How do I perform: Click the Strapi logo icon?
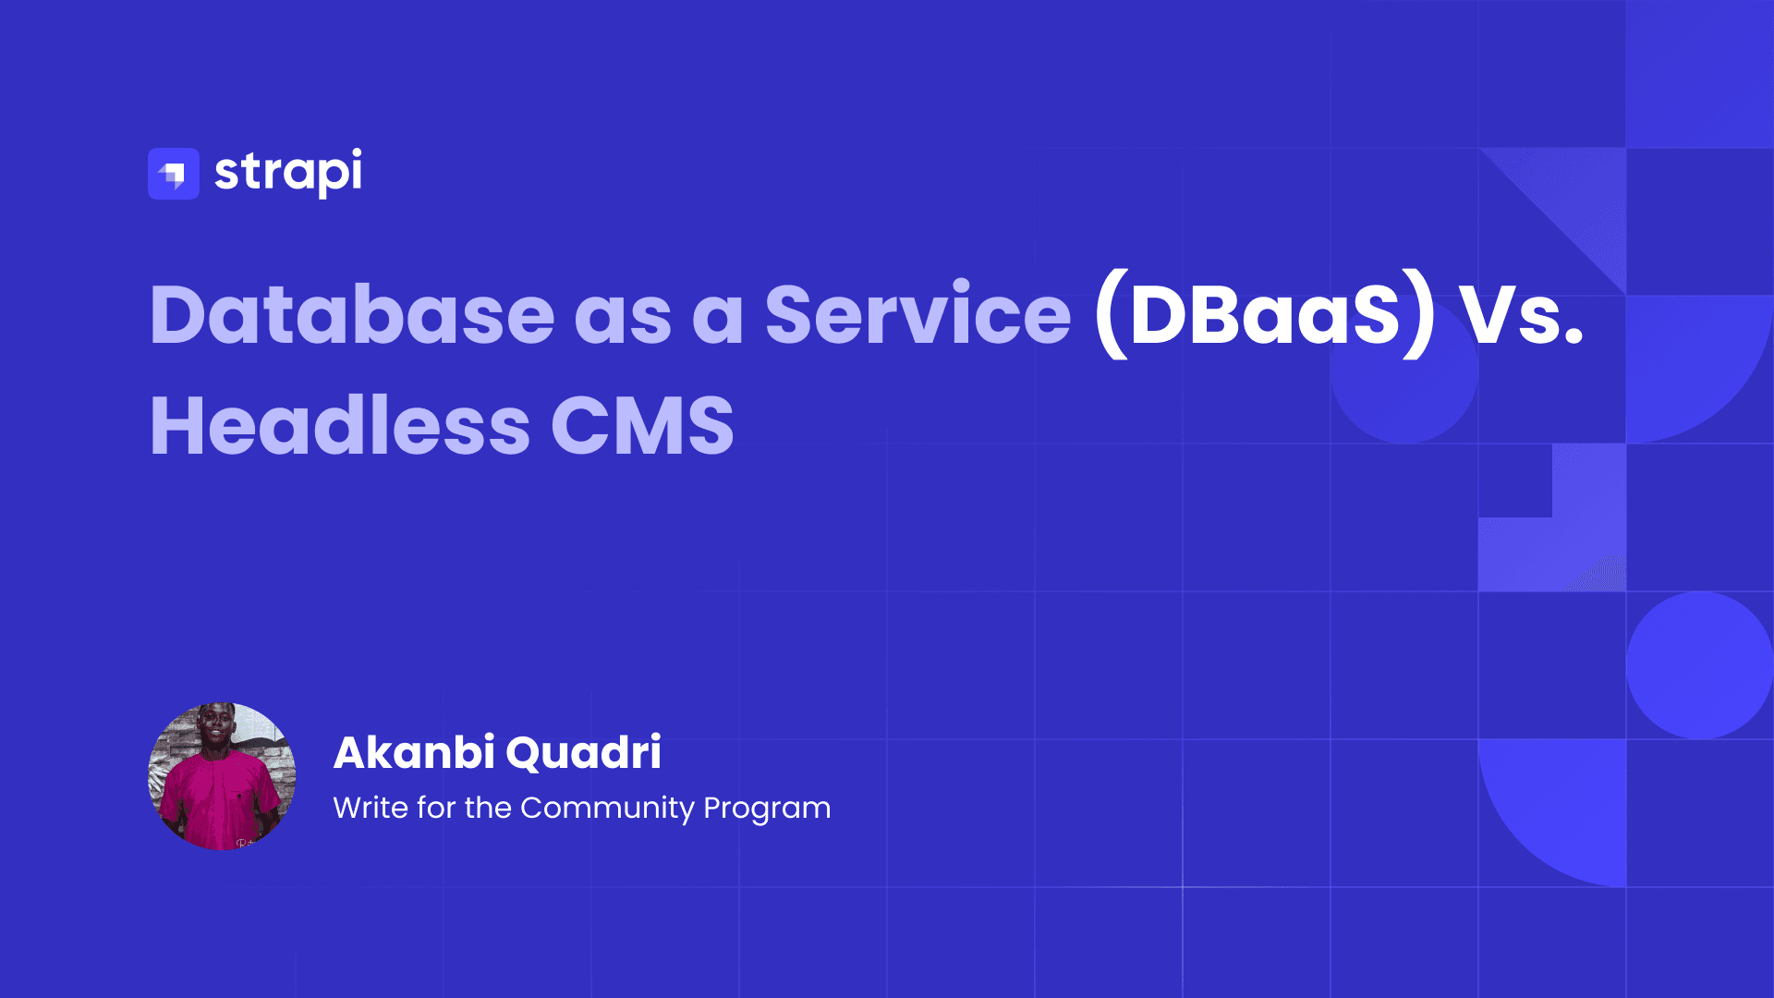coord(174,174)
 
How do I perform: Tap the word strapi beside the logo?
coord(287,173)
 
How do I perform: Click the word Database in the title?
coord(352,315)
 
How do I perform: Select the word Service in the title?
coord(917,315)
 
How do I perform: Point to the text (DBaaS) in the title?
coord(1265,315)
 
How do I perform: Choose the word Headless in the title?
coord(340,426)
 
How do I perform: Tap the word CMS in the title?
coord(642,426)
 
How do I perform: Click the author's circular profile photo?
coord(222,776)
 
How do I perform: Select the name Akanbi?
coord(414,752)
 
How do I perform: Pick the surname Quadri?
coord(584,752)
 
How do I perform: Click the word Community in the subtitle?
coord(607,809)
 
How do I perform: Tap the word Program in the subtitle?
coord(767,809)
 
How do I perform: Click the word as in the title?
coord(623,317)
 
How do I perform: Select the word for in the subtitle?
coord(436,808)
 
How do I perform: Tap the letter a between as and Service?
coord(718,317)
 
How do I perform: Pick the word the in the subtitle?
coord(488,808)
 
